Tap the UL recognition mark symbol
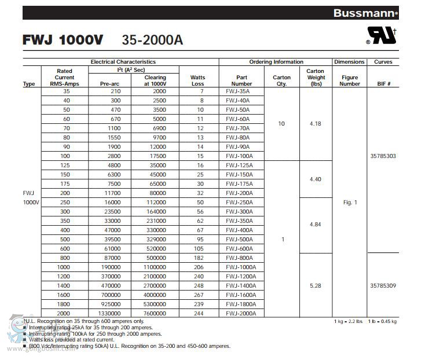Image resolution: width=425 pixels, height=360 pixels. (x=382, y=36)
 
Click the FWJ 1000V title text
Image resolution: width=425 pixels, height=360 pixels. (x=63, y=39)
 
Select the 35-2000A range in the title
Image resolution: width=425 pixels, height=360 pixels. (x=152, y=39)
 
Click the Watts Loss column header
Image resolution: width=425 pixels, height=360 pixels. (x=197, y=80)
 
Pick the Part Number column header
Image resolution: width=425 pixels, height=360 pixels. (x=241, y=80)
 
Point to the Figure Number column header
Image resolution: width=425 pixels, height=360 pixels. (x=349, y=80)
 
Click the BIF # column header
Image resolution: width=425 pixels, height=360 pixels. (x=383, y=84)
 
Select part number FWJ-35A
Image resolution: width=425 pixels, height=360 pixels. (x=237, y=91)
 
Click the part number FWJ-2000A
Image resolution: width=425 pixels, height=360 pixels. (x=240, y=313)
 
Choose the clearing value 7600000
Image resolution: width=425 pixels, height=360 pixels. (x=155, y=313)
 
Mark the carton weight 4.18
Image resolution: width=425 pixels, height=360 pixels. (x=316, y=124)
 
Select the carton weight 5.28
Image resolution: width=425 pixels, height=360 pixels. (x=316, y=286)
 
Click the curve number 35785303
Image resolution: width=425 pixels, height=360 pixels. (x=383, y=156)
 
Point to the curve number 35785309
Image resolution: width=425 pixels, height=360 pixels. (x=383, y=286)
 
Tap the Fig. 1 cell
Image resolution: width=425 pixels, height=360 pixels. (x=350, y=203)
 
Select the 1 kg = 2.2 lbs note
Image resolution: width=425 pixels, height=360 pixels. (x=348, y=321)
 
